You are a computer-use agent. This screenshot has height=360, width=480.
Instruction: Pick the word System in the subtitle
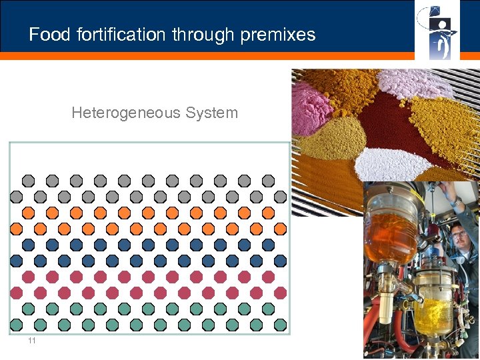point(211,113)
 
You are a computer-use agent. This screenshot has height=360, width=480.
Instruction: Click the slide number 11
point(31,341)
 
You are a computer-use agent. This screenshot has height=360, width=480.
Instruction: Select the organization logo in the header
point(437,31)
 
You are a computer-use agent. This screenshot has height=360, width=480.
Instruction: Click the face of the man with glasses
point(459,237)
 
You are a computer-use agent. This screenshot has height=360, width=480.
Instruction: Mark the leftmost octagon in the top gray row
point(28,180)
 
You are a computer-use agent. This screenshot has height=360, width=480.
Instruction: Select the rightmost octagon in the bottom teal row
point(280,325)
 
